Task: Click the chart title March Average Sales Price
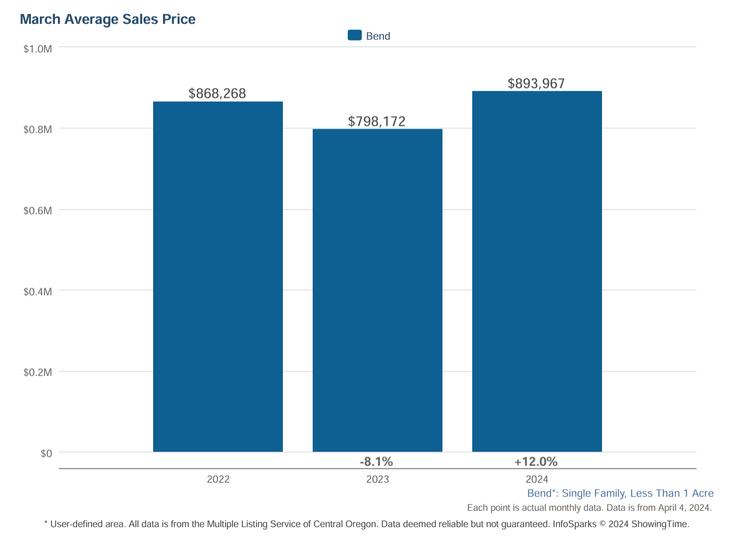tap(108, 19)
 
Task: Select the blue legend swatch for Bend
tap(355, 36)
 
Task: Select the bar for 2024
tap(537, 271)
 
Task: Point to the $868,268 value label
tap(217, 93)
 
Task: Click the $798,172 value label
tap(377, 122)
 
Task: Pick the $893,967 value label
tap(537, 84)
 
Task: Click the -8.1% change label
tap(376, 462)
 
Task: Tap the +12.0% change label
tap(536, 462)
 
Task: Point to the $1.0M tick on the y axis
tap(38, 48)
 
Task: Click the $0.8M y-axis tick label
tap(38, 129)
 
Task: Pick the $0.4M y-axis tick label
tap(38, 291)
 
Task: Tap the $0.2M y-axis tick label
tap(38, 372)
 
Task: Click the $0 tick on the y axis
tap(46, 453)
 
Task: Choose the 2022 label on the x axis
tap(218, 480)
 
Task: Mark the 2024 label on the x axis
tap(537, 480)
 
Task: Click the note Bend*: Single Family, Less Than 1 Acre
tap(620, 494)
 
